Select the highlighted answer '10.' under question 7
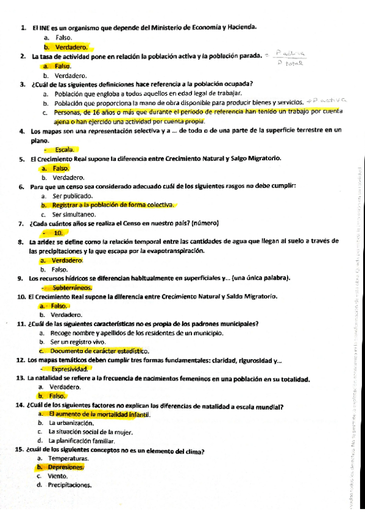58,233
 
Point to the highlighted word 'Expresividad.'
71,369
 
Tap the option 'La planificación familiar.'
82,440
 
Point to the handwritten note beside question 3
327,100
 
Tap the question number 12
19,360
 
